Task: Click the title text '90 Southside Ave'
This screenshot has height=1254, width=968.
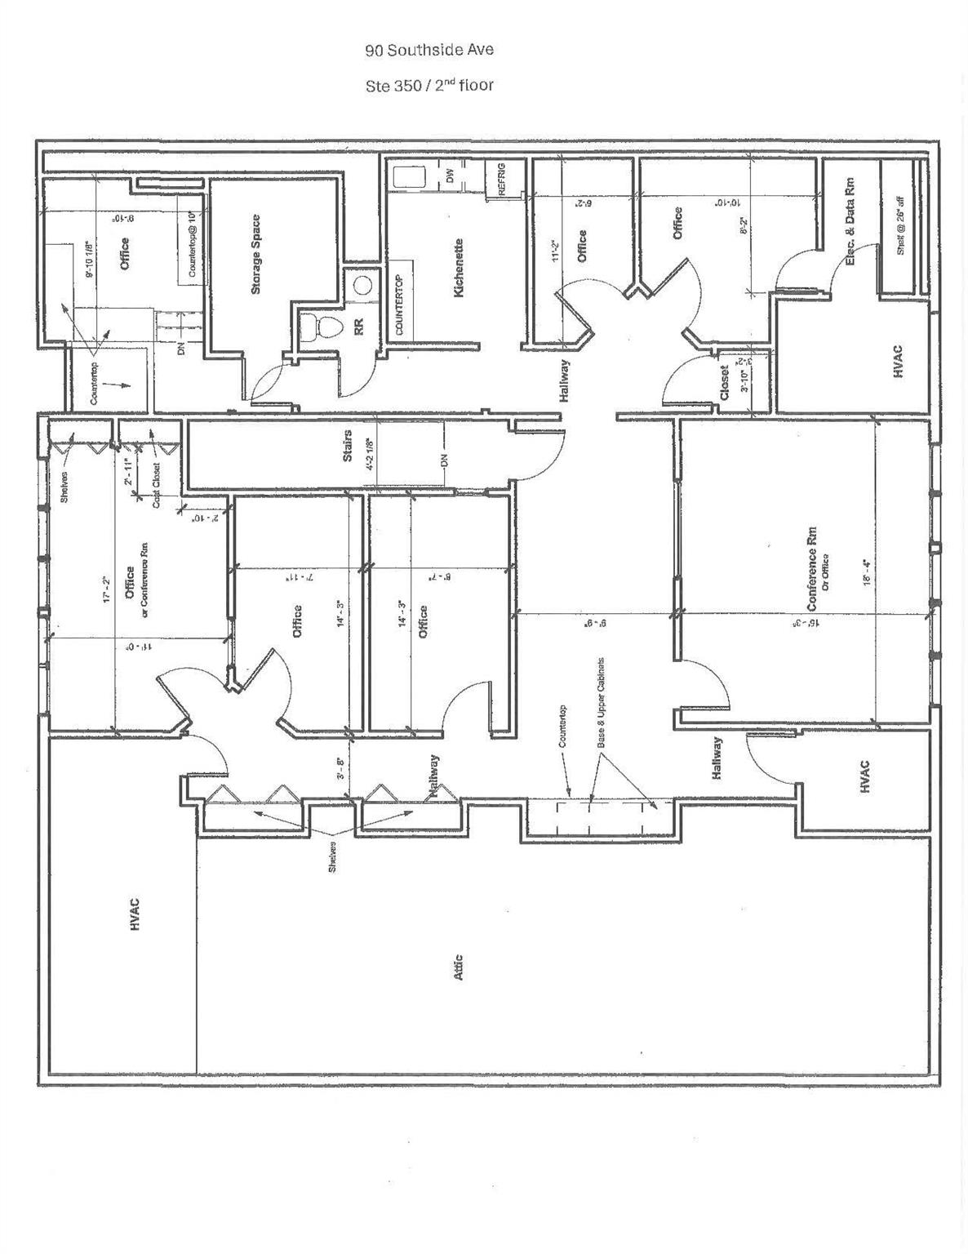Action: (429, 50)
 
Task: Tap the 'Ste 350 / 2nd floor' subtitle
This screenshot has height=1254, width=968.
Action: (429, 84)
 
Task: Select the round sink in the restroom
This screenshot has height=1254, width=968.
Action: (363, 286)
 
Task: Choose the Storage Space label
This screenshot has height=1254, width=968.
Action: (256, 254)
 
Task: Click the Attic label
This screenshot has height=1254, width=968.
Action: (458, 967)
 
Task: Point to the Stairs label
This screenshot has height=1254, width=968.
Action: (348, 446)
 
